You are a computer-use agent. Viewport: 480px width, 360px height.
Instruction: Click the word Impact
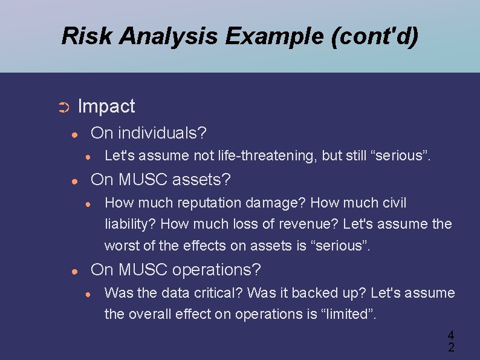coord(106,106)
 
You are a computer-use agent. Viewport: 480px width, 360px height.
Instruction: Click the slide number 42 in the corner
coord(450,341)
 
